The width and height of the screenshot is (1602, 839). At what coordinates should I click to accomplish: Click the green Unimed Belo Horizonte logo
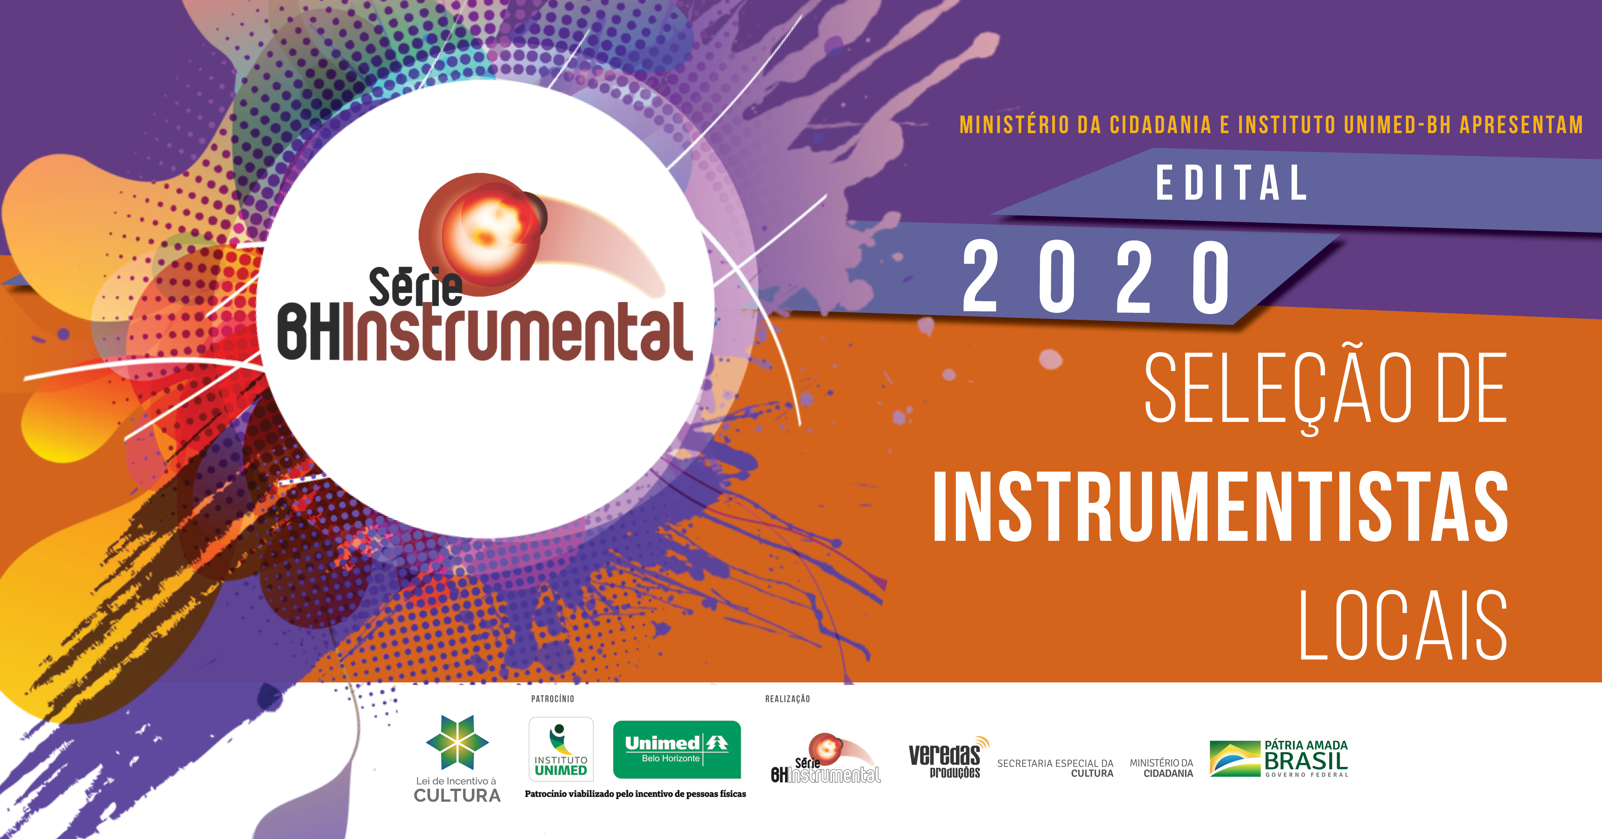pos(677,749)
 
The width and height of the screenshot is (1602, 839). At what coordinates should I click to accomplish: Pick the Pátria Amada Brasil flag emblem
pos(1234,759)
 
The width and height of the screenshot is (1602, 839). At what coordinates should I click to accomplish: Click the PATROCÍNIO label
pos(552,699)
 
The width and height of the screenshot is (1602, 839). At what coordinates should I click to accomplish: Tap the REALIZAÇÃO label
pos(787,699)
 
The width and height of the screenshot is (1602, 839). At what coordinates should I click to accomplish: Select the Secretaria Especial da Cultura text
pos(1055,768)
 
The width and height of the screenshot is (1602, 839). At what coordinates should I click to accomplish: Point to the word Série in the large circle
pos(415,287)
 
